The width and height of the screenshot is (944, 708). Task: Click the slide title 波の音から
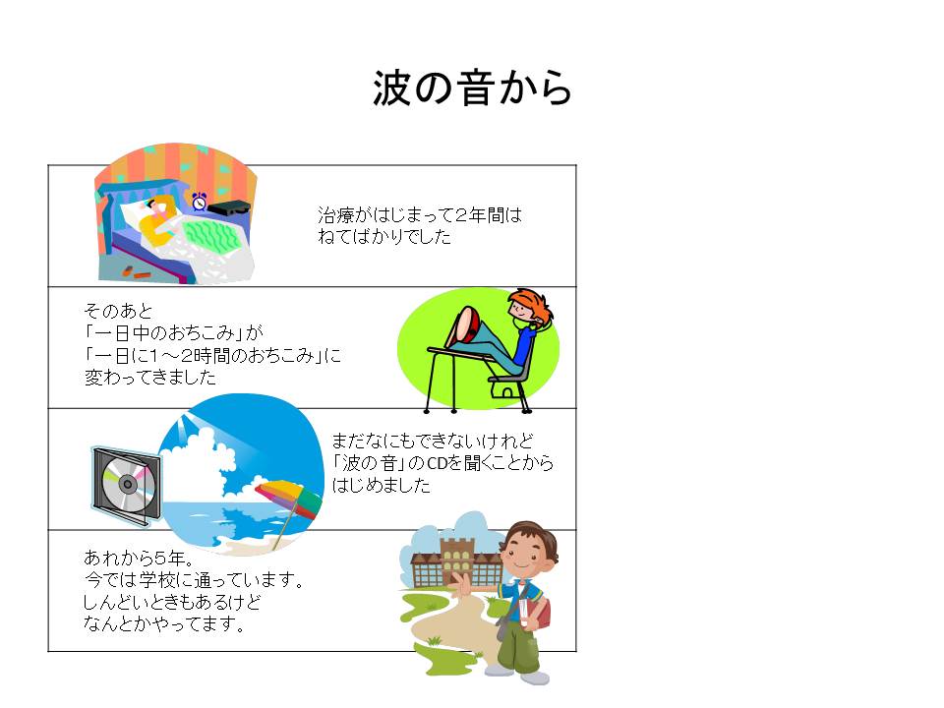(472, 88)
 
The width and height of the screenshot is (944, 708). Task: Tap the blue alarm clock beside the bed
(199, 201)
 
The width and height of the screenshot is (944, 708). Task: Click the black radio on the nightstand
(229, 208)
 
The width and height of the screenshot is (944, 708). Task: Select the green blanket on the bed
(212, 236)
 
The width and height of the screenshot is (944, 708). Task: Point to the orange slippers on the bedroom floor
(136, 272)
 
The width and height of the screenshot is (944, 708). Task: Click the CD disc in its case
(128, 484)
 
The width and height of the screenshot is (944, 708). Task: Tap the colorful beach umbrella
(289, 501)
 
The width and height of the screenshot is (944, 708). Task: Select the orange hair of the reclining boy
(532, 304)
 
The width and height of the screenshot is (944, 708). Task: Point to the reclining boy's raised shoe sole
(465, 325)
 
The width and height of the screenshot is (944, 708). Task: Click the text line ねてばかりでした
(384, 237)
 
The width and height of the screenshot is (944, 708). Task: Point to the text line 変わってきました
(149, 378)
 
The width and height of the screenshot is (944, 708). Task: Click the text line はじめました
(382, 485)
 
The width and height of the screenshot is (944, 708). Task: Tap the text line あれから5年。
(139, 558)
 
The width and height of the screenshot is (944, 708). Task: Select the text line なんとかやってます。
(164, 623)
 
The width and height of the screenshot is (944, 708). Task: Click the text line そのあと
(119, 311)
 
